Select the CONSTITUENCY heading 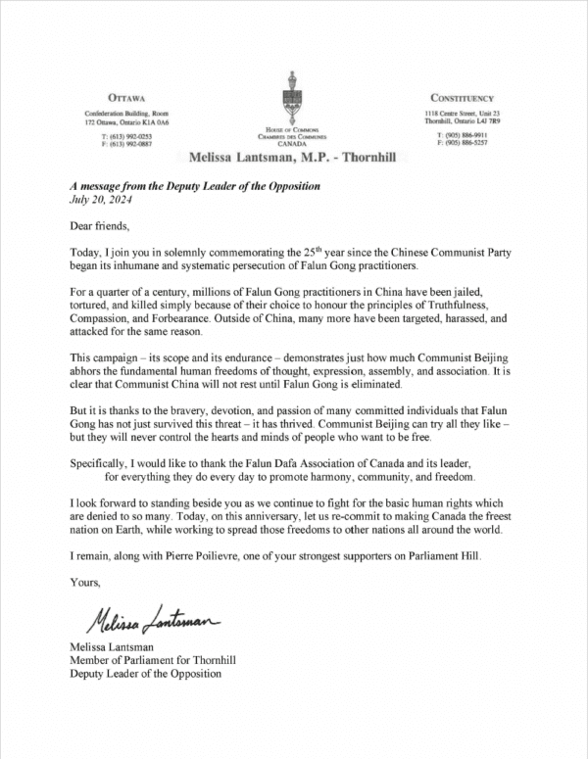463,99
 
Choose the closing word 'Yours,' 85,584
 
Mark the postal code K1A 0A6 155,123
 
